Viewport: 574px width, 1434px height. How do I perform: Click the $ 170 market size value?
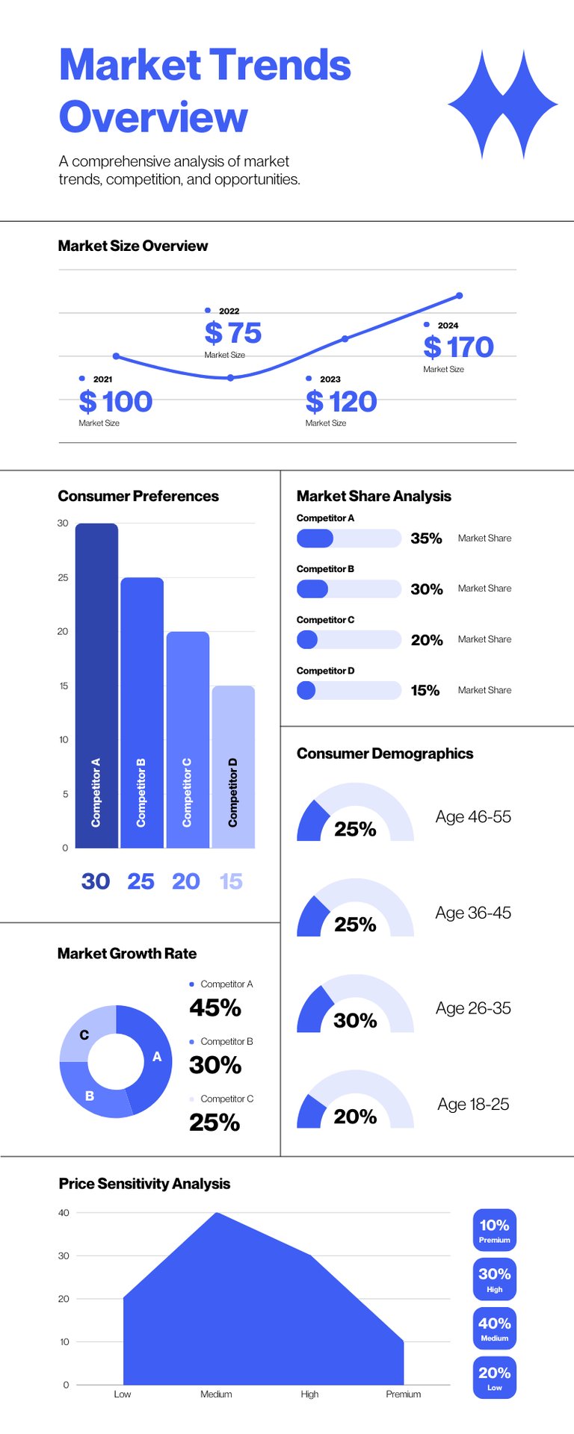pos(458,347)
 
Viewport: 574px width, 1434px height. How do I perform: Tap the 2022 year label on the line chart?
pos(229,311)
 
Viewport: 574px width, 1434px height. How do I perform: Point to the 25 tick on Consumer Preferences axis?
pos(63,577)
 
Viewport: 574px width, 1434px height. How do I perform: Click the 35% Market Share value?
pos(426,538)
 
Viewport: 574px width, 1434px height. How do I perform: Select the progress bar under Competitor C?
pos(348,639)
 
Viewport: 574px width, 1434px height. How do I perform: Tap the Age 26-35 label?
pos(473,1008)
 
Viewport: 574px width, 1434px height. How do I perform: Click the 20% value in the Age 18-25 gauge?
pos(355,1117)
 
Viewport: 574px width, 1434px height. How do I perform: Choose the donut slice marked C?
pos(85,1035)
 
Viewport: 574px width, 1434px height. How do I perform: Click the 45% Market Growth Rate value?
pos(215,1008)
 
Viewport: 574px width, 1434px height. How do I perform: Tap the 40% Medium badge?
pos(494,1328)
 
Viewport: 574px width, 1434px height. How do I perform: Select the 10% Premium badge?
pos(494,1229)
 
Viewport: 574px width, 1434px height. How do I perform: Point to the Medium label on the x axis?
pos(216,1394)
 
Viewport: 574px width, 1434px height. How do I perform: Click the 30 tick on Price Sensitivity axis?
pos(64,1255)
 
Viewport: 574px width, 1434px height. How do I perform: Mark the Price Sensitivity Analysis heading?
pos(144,1183)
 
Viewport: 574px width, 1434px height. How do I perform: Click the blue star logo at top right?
pos(502,105)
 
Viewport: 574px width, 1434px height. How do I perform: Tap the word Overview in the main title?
pos(153,117)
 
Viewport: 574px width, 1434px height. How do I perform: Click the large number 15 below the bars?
pos(231,881)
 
